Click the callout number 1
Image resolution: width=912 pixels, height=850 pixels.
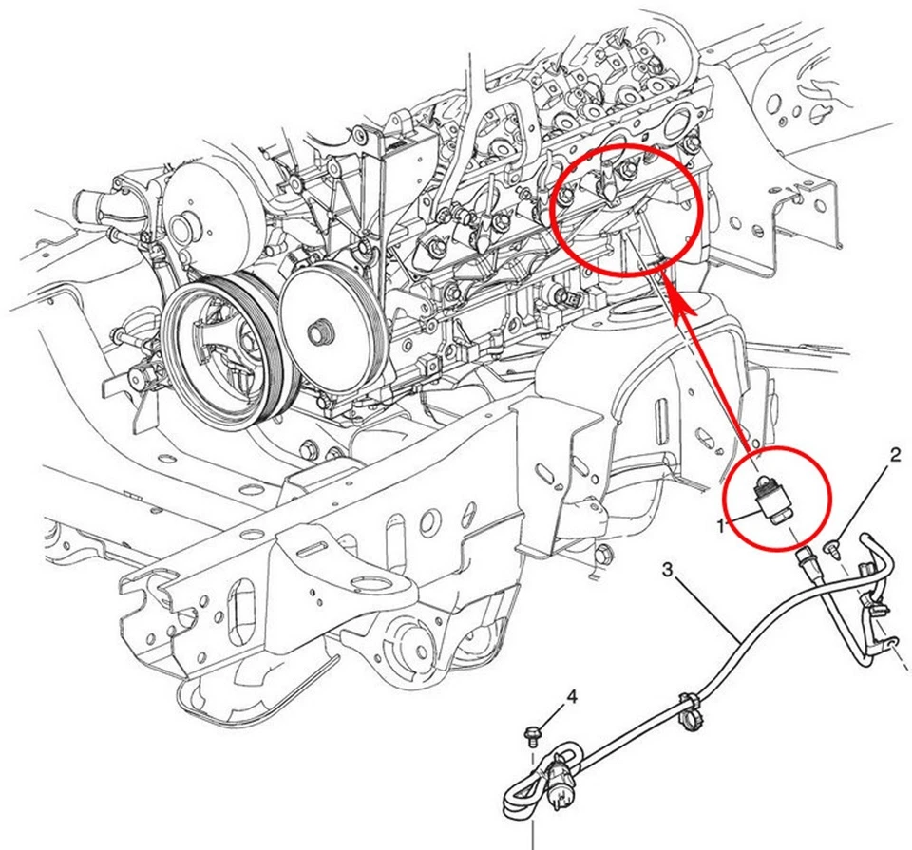tap(722, 523)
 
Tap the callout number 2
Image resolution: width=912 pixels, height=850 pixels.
tap(894, 455)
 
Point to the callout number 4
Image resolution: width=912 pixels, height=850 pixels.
tap(572, 698)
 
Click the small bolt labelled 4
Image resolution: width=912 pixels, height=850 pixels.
tap(532, 731)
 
